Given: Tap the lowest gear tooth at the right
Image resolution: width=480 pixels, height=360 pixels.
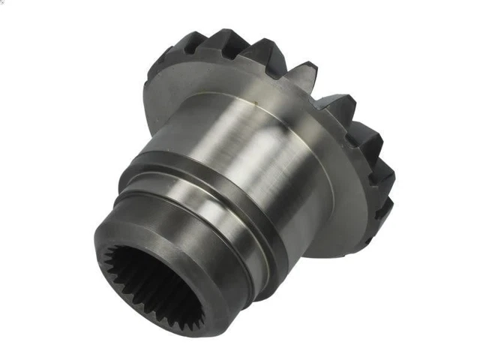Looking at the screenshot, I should (x=383, y=210).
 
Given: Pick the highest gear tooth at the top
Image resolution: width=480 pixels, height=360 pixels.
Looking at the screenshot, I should (x=225, y=37).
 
